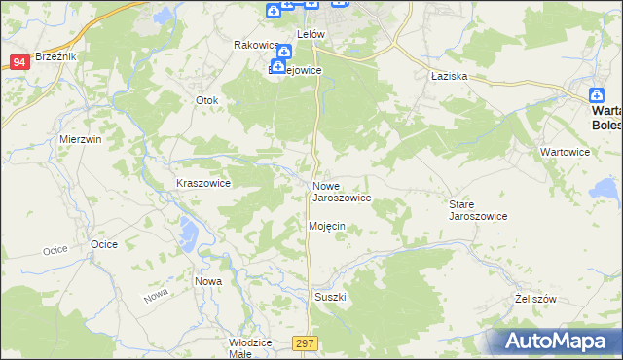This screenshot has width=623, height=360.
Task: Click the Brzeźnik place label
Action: (55, 57)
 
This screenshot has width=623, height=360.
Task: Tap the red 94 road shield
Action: (19, 62)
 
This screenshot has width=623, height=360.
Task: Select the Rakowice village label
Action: (255, 45)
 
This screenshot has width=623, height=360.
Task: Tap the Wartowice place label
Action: (565, 153)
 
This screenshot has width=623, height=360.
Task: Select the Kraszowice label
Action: (202, 183)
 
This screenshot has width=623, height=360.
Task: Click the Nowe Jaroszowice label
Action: (341, 192)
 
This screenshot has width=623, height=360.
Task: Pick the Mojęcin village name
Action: (327, 226)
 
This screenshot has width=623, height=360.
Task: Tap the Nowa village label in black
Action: (208, 281)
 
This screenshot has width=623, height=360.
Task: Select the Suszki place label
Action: (330, 296)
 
